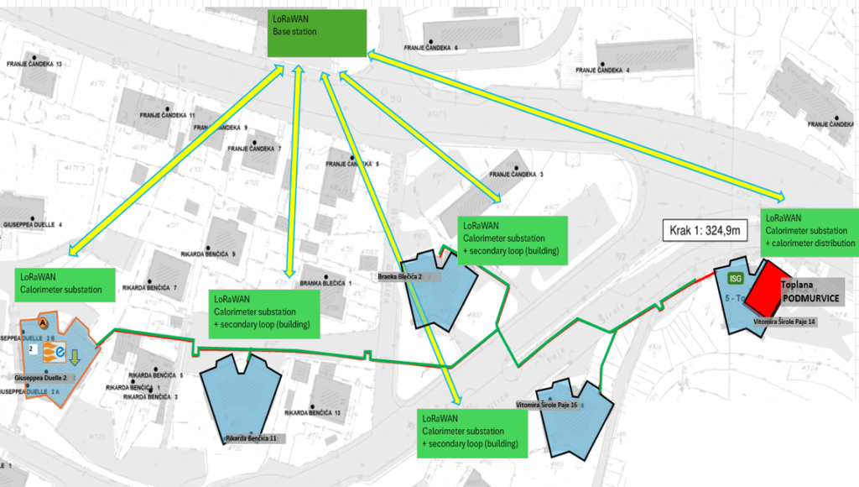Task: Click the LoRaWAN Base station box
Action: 317,33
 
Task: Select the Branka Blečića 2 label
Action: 398,276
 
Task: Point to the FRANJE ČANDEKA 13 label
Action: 34,64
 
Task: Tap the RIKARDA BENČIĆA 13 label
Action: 313,413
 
